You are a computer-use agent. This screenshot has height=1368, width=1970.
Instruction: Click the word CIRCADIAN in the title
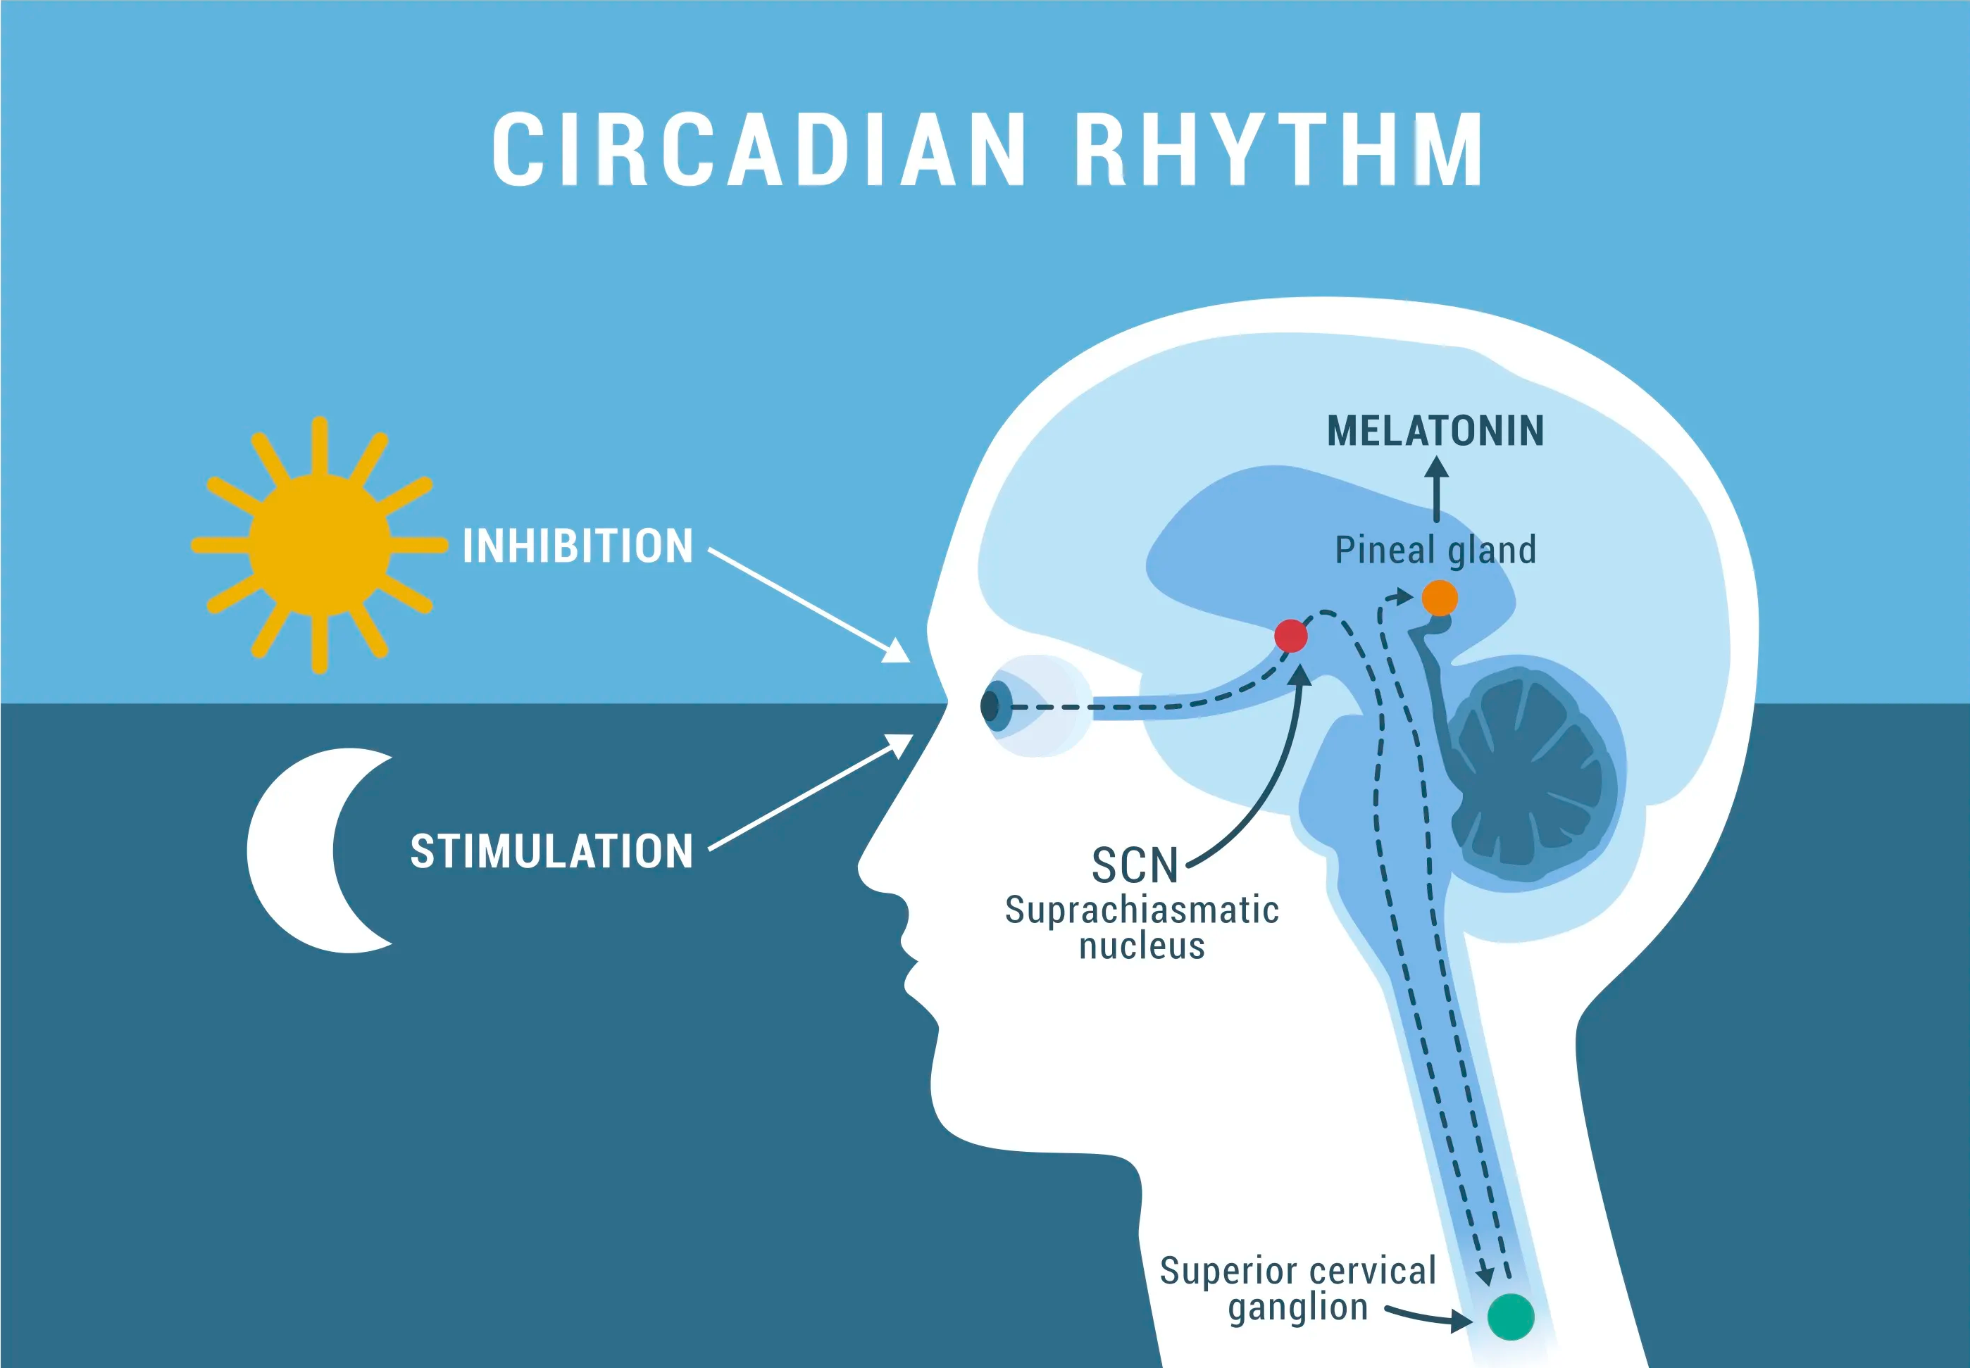(x=759, y=149)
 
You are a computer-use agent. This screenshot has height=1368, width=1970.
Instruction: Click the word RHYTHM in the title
(x=1278, y=149)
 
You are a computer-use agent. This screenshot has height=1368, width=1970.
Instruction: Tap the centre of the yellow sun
(x=320, y=544)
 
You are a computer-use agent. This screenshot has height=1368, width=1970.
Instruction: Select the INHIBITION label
(x=578, y=546)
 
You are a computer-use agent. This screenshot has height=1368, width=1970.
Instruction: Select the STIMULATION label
(x=551, y=851)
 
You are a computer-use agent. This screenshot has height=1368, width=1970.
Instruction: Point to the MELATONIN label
(x=1436, y=430)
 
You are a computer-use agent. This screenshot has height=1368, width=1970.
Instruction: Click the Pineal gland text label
(x=1436, y=549)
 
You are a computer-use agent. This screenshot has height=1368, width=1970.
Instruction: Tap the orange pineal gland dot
(x=1440, y=598)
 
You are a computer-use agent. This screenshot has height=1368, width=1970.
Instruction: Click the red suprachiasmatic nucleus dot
(x=1291, y=636)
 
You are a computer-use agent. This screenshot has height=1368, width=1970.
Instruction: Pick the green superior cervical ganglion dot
(x=1511, y=1317)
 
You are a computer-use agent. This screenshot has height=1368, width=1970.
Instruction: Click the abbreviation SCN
(x=1135, y=866)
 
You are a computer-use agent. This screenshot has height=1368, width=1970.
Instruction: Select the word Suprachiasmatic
(x=1142, y=910)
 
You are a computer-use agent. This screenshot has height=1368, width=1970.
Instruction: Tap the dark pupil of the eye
(x=990, y=706)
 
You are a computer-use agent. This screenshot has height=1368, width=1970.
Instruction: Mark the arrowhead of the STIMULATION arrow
(x=900, y=746)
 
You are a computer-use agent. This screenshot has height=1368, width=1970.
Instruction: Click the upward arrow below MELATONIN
(x=1437, y=489)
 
